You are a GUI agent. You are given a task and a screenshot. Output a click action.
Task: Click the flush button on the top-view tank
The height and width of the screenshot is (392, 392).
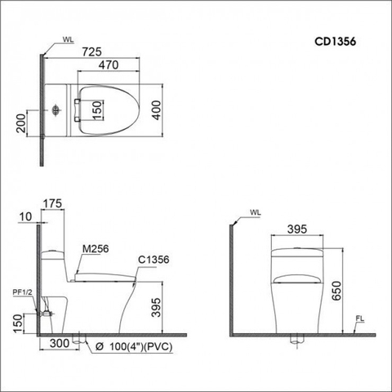[x=55, y=109]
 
